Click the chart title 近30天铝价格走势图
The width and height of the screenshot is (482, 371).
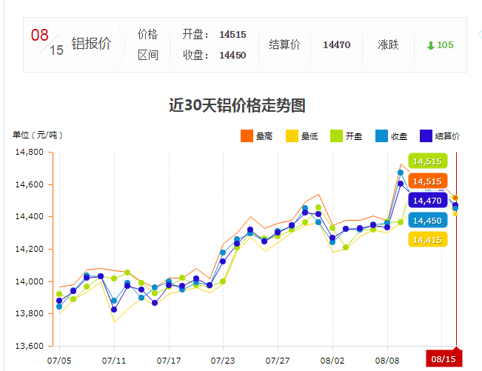237,105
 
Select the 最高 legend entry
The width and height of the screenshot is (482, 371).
256,136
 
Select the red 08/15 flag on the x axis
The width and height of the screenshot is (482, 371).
443,358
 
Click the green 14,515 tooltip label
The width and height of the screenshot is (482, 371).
427,161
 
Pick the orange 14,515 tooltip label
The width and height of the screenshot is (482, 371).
427,181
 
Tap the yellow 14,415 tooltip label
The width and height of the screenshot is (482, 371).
427,240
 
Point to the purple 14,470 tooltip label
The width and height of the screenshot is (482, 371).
427,201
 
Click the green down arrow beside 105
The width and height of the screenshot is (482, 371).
430,45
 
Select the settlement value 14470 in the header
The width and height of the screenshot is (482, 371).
336,45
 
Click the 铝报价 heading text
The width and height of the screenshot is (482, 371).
91,44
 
